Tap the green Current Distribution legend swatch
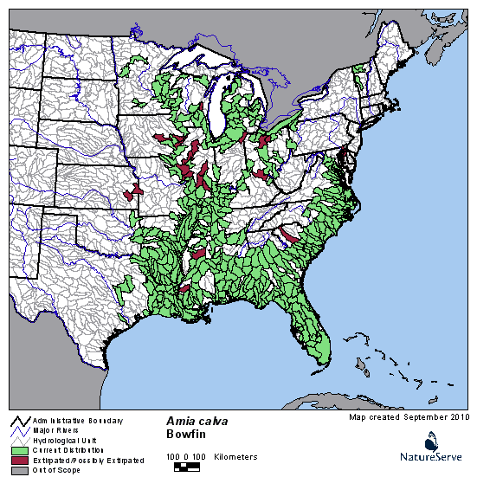(17, 450)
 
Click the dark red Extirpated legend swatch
(17, 461)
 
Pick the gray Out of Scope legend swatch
(17, 470)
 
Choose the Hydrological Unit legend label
(61, 441)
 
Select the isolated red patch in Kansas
(131, 195)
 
